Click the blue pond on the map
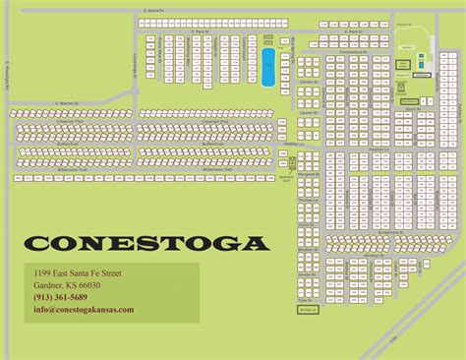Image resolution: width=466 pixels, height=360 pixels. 268,68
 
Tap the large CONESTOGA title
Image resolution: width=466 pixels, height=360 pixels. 146,243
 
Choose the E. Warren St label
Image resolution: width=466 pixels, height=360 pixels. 67,100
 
